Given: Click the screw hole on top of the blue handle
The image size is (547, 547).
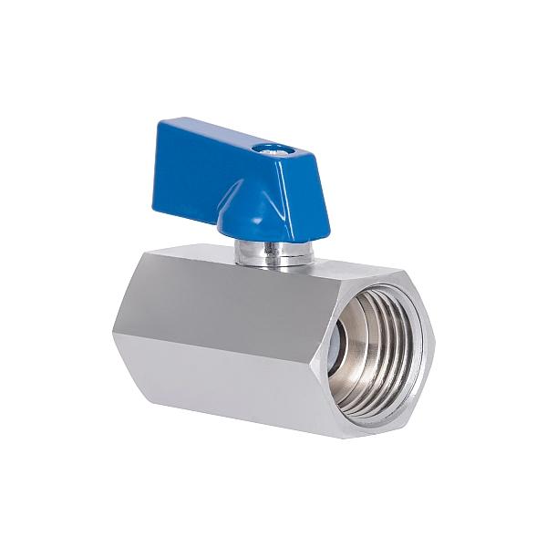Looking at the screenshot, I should (267, 146).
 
